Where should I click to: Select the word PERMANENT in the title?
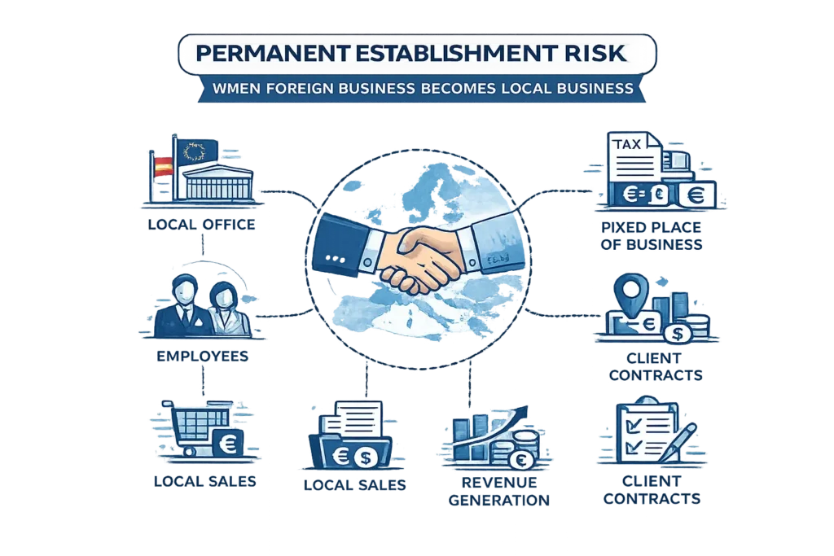[273, 54]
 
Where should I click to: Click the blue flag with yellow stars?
[197, 151]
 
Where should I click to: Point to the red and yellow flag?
[163, 167]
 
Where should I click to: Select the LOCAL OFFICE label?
[202, 225]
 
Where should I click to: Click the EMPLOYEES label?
[203, 356]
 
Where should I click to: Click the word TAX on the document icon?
[627, 144]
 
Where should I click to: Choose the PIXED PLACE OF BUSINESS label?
[652, 236]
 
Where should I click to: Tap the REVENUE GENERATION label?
[499, 491]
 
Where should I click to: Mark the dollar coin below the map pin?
[677, 334]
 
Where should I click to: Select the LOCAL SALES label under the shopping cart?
[204, 482]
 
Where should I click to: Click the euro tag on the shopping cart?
[228, 443]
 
